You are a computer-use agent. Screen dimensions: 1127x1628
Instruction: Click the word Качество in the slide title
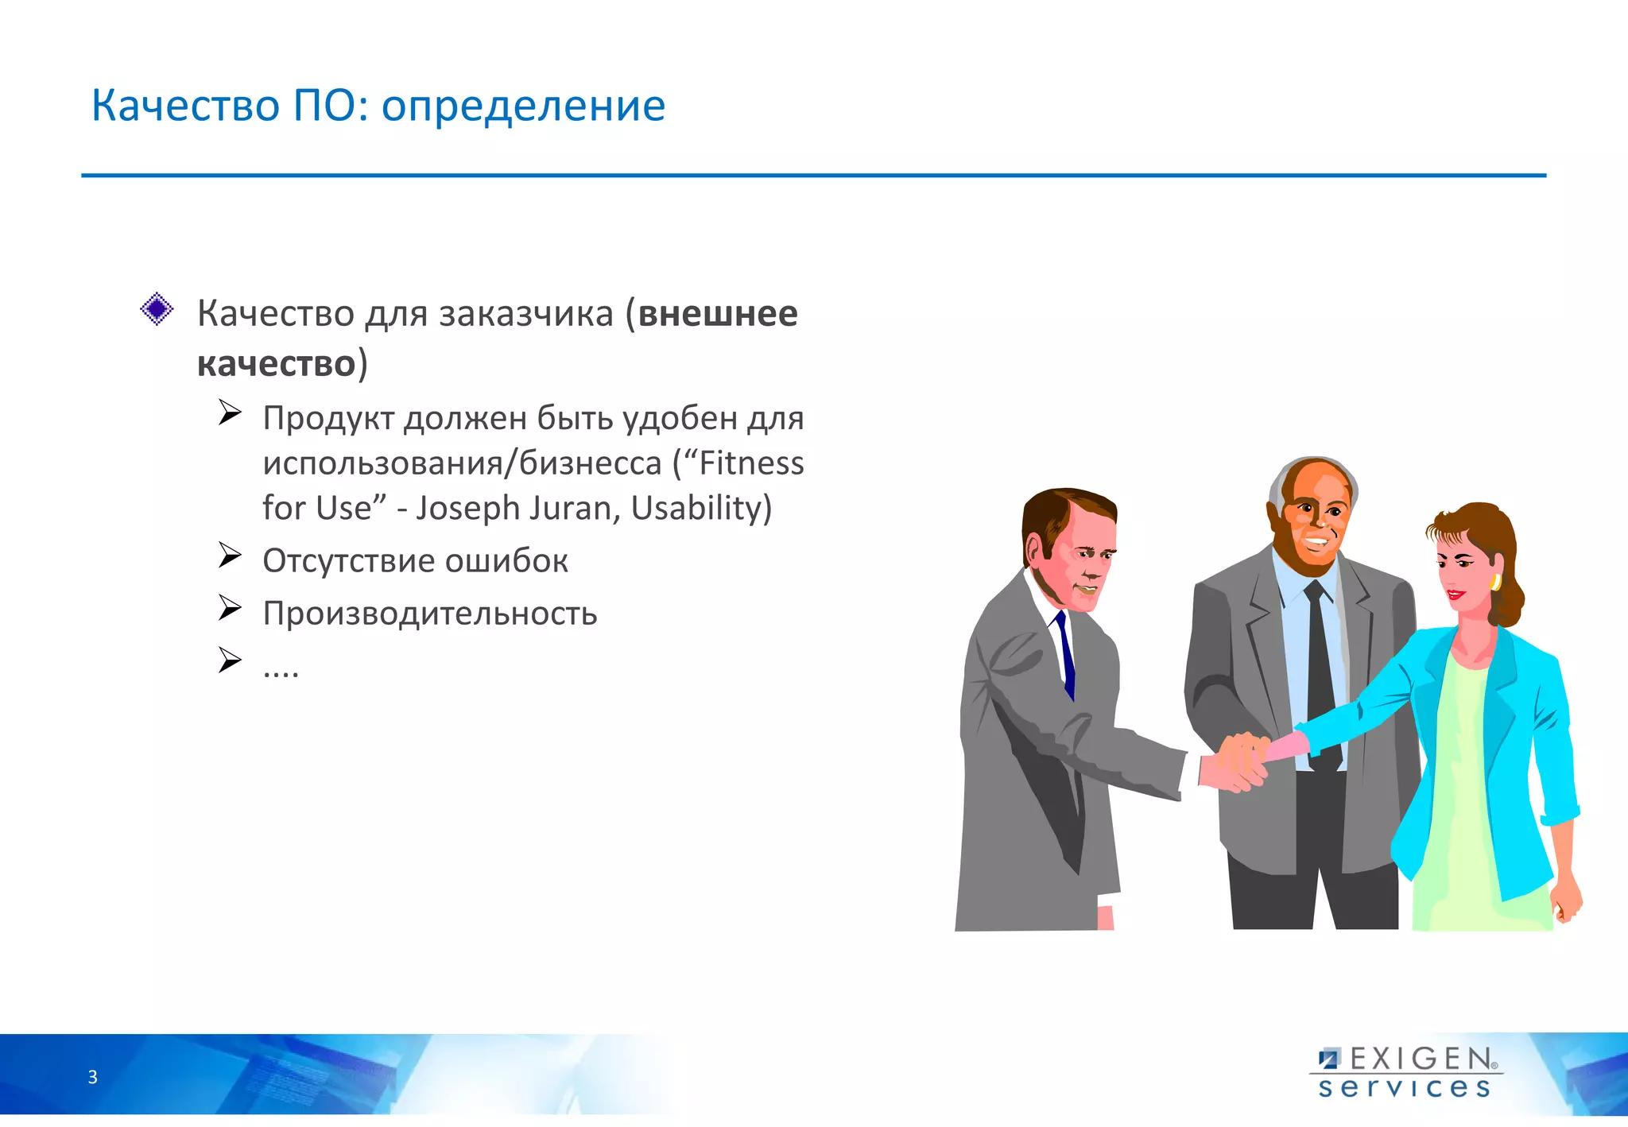[185, 106]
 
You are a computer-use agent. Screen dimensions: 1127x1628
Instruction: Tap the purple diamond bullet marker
[157, 308]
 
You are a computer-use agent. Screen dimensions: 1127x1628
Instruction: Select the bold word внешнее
[717, 313]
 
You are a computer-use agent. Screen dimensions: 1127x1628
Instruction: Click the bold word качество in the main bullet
[276, 364]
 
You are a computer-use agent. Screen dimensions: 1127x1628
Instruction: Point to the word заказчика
[526, 313]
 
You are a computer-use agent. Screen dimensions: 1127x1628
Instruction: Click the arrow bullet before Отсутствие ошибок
[230, 556]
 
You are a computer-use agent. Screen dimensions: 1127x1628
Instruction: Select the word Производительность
[430, 614]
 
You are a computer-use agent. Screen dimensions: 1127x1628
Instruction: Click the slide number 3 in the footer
[92, 1078]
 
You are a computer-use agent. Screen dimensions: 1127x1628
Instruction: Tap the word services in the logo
[1404, 1087]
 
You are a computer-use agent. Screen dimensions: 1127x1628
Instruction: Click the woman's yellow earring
[1495, 582]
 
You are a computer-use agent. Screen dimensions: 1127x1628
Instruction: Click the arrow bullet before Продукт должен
[230, 412]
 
